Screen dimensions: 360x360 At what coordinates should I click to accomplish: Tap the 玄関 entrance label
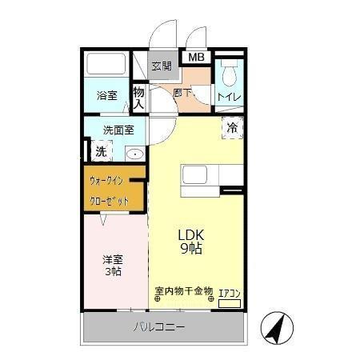coord(162,66)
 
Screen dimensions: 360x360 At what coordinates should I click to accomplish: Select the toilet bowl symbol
coord(230,74)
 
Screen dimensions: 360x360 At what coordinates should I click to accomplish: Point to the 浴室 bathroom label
coord(106,95)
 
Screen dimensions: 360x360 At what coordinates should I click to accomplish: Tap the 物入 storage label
coord(138,97)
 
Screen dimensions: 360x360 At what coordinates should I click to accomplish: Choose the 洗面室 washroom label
coord(118,130)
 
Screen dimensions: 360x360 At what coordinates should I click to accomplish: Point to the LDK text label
coord(192,235)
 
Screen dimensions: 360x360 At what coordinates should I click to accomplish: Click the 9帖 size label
coord(192,249)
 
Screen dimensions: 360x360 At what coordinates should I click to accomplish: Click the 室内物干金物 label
coord(183,290)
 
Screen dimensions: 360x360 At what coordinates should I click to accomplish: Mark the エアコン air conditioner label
coord(230,293)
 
